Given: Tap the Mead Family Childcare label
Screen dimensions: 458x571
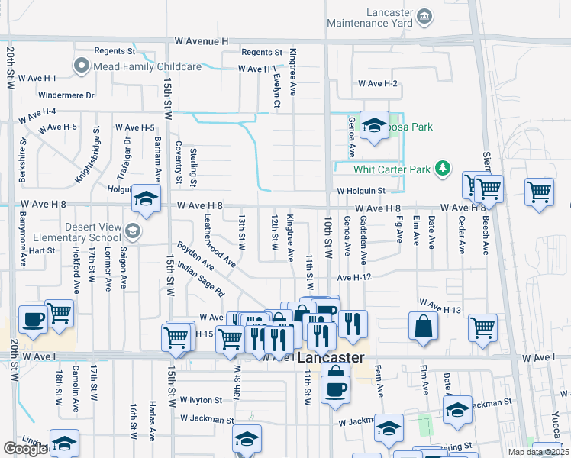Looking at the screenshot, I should coord(147,66).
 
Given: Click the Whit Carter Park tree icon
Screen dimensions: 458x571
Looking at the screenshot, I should coord(441,167).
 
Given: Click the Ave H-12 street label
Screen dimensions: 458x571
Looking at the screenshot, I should coord(354,277).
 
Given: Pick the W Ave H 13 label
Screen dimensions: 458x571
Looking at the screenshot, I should coord(437,308).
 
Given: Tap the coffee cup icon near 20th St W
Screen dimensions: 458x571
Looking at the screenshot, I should coord(32,319).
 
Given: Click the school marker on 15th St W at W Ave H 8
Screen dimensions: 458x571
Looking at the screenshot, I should coord(145,201).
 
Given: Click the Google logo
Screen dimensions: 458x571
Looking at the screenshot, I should coord(25,449).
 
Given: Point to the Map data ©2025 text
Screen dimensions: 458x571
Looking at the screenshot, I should coord(538,452).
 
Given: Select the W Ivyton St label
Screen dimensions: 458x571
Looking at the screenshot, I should coord(201,399).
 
